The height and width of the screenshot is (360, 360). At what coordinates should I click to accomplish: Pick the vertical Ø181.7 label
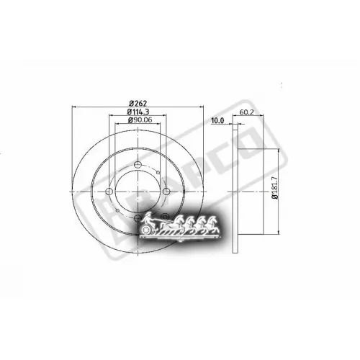275,193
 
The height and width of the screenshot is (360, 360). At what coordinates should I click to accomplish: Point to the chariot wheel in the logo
150,230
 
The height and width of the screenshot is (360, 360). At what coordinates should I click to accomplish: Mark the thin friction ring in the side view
234,191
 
